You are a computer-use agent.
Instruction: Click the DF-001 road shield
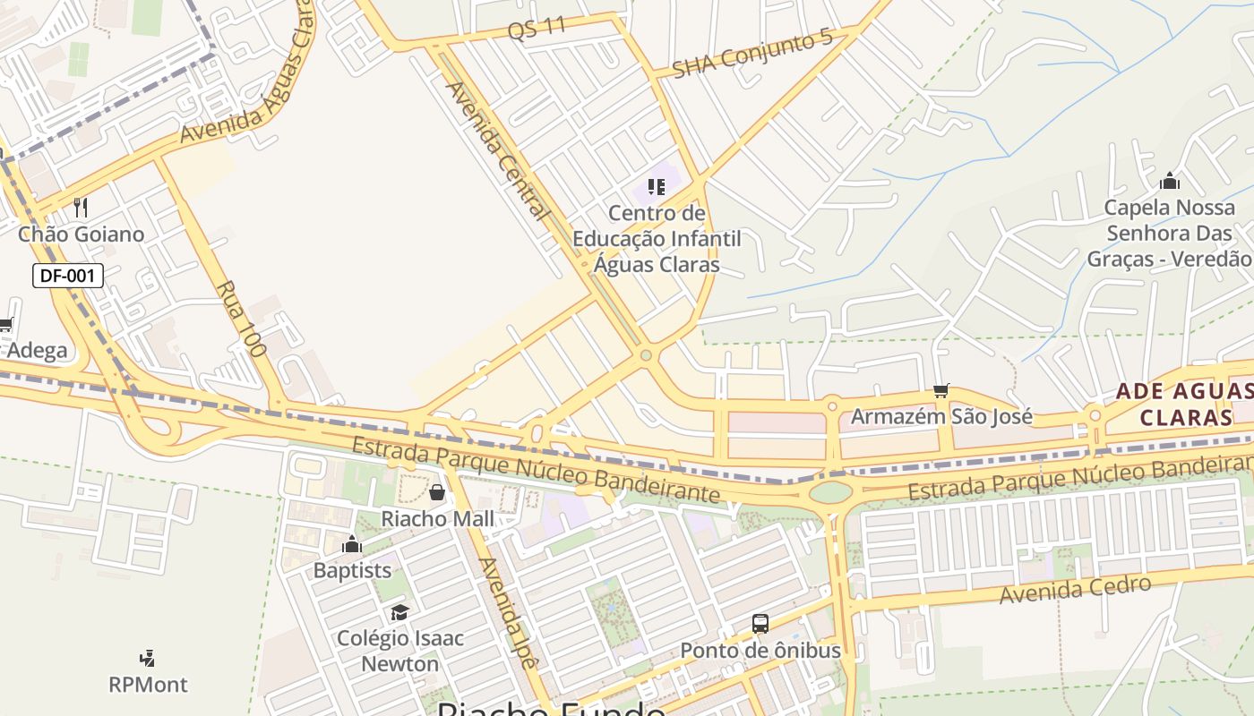click(x=68, y=276)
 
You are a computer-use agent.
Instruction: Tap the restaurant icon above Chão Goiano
click(x=81, y=208)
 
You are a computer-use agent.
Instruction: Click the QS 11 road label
click(x=537, y=27)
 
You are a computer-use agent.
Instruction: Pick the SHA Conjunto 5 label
click(x=752, y=54)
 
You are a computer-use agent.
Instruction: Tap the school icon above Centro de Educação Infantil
click(x=657, y=187)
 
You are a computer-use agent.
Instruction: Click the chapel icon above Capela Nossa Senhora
click(x=1169, y=182)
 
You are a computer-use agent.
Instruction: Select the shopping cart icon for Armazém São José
click(x=940, y=390)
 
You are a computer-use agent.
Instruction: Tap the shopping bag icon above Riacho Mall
click(x=437, y=492)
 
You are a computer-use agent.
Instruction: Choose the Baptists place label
click(x=352, y=570)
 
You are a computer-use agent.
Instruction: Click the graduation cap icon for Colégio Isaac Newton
click(x=399, y=612)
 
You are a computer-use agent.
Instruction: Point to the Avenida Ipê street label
click(x=508, y=614)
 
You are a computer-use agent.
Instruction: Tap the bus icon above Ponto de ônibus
click(x=760, y=624)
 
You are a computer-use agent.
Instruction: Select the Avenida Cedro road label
click(x=1075, y=591)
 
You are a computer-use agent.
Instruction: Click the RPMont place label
click(x=148, y=685)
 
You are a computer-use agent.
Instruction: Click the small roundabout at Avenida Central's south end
click(x=646, y=355)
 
